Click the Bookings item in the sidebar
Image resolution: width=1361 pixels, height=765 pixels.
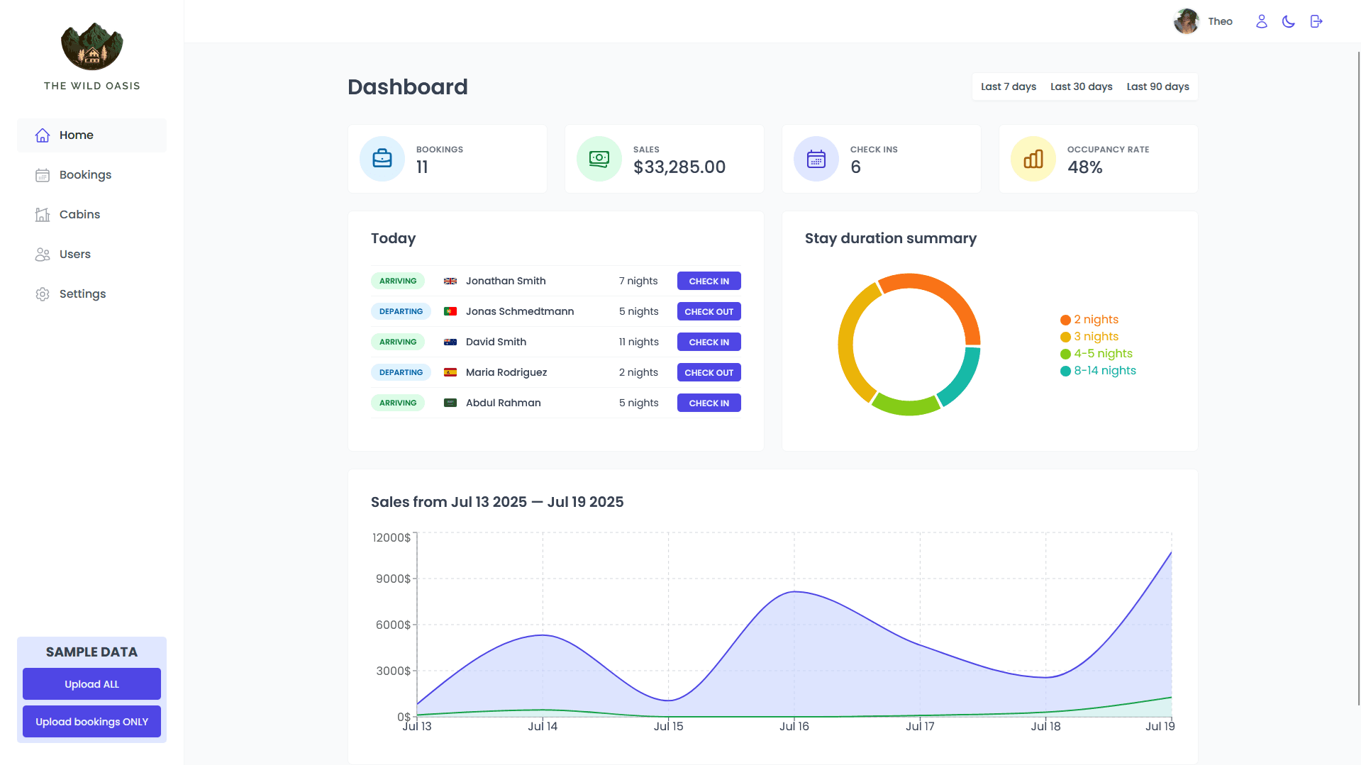click(x=85, y=174)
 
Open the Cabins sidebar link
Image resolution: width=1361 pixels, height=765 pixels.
click(x=79, y=214)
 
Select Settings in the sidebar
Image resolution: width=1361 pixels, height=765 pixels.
click(x=82, y=294)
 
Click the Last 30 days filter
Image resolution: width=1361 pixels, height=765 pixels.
click(x=1081, y=86)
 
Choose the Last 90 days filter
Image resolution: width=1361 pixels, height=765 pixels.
click(x=1157, y=86)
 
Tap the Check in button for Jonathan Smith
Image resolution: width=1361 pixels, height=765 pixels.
click(x=709, y=281)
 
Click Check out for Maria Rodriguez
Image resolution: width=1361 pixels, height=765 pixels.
click(x=709, y=372)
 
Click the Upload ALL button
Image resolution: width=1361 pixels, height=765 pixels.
click(x=91, y=684)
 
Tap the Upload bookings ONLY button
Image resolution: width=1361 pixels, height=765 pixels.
click(x=91, y=722)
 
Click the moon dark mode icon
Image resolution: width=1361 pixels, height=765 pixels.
click(x=1289, y=21)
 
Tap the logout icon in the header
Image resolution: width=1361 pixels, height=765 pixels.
click(x=1316, y=21)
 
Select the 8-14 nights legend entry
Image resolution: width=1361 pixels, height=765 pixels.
click(x=1104, y=371)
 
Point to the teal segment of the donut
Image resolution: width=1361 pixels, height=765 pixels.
click(x=961, y=379)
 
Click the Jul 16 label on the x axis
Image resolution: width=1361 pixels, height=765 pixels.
click(x=794, y=726)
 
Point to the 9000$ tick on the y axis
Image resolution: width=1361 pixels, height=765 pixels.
click(x=393, y=579)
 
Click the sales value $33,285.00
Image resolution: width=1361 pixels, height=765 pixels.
click(x=679, y=167)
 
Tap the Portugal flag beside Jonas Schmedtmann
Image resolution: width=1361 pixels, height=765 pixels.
click(x=450, y=311)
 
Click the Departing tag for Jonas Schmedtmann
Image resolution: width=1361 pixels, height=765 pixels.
click(x=401, y=311)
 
